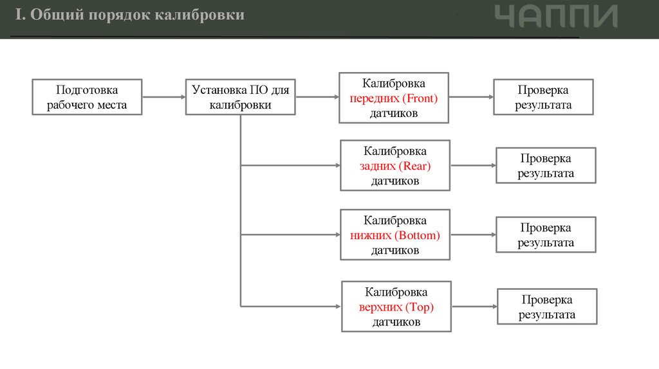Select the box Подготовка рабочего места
[87, 97]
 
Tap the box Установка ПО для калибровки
[240, 97]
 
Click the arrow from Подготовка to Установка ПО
[164, 98]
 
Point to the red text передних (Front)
[394, 98]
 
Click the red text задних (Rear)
[394, 166]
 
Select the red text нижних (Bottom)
[395, 235]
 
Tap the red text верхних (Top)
[396, 307]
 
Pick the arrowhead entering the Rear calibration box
[336, 166]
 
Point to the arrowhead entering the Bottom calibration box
[336, 235]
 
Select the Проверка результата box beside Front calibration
[543, 97]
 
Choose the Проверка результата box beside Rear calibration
[546, 166]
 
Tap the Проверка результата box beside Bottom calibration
[546, 235]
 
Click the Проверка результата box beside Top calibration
[547, 307]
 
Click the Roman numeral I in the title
[19, 15]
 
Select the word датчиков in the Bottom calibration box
[395, 250]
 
